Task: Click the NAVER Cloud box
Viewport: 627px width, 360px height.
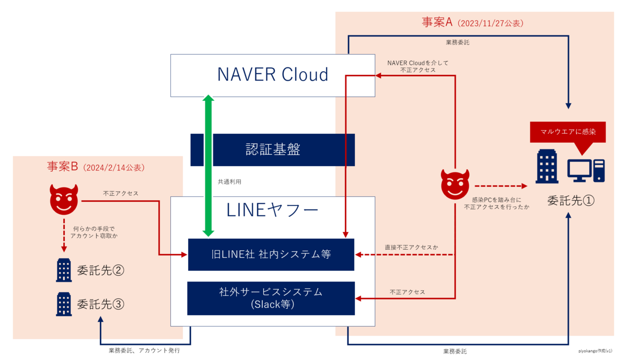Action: [x=273, y=74]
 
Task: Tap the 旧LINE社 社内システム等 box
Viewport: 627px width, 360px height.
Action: [x=271, y=254]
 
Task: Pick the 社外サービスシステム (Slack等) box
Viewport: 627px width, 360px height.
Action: [x=271, y=298]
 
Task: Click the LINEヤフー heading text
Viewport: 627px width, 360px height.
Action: [x=273, y=210]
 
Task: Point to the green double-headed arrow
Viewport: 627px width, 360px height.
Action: [x=208, y=165]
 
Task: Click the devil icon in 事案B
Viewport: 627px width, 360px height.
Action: [x=63, y=199]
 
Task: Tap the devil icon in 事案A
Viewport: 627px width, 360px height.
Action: [x=455, y=184]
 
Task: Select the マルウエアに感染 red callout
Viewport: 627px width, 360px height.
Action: [x=567, y=132]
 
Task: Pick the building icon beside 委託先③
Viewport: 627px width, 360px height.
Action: [x=64, y=304]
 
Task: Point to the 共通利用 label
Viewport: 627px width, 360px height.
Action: [x=229, y=182]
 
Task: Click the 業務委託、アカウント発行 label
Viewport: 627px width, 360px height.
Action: [x=144, y=351]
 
